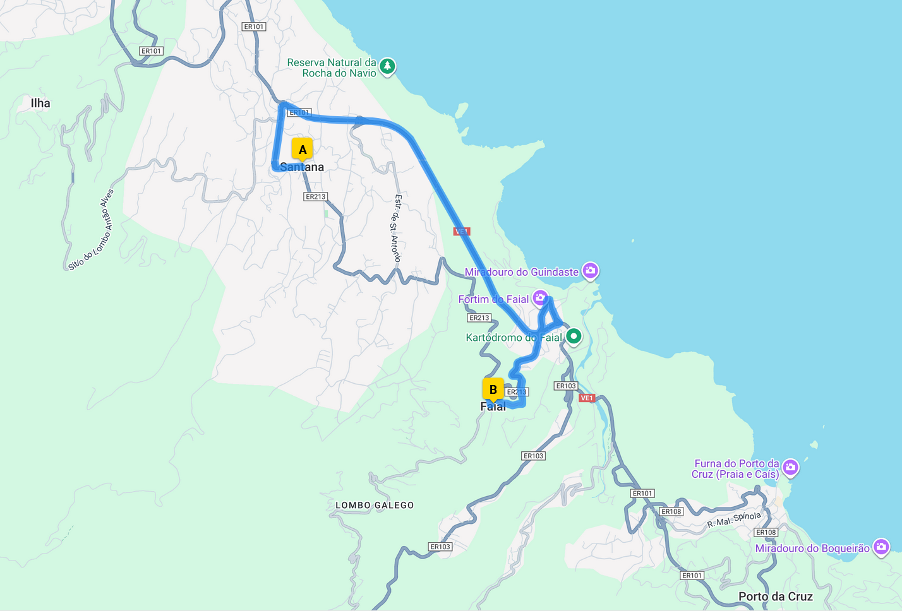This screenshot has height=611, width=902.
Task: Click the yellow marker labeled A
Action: tap(303, 150)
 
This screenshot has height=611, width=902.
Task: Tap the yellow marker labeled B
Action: tap(493, 389)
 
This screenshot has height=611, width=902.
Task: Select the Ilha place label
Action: tap(40, 103)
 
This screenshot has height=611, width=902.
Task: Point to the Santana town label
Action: tap(302, 167)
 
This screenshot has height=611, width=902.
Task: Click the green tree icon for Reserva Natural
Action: tap(387, 66)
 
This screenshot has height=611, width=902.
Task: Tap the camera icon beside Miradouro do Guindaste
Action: tap(590, 271)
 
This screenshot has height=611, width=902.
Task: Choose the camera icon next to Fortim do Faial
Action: tap(540, 298)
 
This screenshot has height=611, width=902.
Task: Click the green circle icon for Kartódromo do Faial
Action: tap(573, 336)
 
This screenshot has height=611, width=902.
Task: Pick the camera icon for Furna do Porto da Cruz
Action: tap(790, 468)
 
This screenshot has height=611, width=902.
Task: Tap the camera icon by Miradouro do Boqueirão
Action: tap(881, 547)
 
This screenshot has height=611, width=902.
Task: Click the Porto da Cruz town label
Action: tap(776, 596)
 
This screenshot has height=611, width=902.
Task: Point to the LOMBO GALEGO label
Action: tap(375, 505)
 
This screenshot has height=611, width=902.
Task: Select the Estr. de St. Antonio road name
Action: tap(396, 228)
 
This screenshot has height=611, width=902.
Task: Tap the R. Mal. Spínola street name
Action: tap(734, 519)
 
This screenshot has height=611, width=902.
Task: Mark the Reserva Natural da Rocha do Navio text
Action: tap(332, 68)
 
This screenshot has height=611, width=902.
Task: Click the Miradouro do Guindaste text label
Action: tap(521, 272)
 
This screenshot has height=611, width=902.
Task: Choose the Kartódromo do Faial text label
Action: tap(514, 338)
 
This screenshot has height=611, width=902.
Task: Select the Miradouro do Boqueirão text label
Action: tap(812, 549)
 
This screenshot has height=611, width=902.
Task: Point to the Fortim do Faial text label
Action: tap(493, 299)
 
